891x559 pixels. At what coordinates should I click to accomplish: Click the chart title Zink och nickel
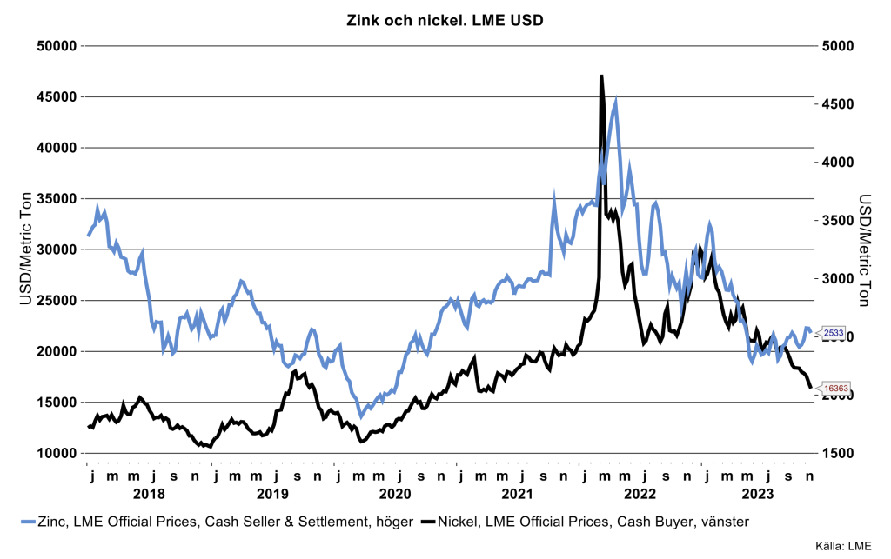tap(445, 19)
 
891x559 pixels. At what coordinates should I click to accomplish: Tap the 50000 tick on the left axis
tap(55, 46)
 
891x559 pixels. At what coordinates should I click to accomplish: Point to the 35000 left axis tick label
tap(55, 199)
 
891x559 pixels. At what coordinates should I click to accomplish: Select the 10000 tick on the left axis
tap(55, 453)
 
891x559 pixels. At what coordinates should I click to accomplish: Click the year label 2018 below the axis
tap(150, 493)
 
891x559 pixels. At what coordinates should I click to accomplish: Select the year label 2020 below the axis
tap(395, 493)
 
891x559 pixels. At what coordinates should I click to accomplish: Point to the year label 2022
tap(640, 493)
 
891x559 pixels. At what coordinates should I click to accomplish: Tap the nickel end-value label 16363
tap(834, 389)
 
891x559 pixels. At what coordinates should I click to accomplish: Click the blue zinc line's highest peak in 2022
tap(616, 100)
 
